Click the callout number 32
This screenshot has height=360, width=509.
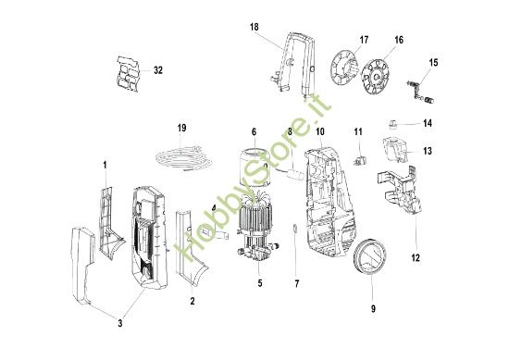[158, 70]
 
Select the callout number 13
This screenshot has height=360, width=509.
[428, 150]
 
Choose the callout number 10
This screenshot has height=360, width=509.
[320, 133]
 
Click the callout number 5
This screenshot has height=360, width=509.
[260, 282]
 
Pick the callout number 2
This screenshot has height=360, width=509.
[192, 302]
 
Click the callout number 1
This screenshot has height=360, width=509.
[105, 165]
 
